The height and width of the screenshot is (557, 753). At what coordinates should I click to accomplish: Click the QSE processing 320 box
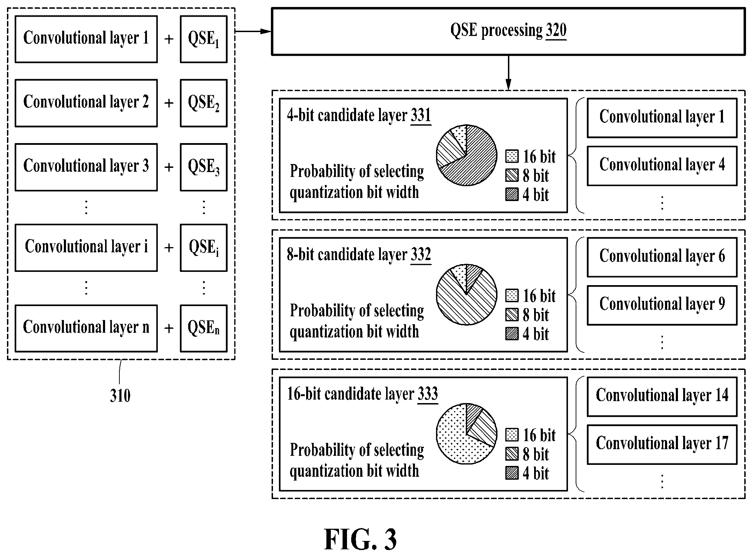(508, 32)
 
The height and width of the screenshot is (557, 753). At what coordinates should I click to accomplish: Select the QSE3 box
(204, 167)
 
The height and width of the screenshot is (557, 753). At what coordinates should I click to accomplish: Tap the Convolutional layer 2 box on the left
(86, 103)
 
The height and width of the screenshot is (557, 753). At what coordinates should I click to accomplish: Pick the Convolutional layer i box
(86, 247)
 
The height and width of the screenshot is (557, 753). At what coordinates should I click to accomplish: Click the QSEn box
(204, 328)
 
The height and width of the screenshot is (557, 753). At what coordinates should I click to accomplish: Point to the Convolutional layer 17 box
(662, 444)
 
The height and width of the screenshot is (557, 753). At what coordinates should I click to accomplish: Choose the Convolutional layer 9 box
(662, 305)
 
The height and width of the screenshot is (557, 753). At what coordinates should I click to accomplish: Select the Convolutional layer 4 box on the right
(662, 166)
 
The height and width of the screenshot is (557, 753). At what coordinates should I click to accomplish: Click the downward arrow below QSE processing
(508, 73)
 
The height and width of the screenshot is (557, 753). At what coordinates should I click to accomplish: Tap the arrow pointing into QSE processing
(253, 31)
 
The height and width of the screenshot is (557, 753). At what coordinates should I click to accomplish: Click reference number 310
(120, 396)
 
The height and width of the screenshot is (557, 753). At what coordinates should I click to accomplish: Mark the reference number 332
(421, 255)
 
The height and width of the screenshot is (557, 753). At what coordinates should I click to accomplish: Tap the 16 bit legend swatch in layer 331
(512, 156)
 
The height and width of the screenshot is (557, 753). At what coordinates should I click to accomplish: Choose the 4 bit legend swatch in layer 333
(512, 473)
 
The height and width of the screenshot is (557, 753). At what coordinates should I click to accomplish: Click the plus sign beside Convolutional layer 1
(169, 39)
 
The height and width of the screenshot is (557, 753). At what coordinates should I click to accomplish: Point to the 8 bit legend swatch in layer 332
(512, 315)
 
